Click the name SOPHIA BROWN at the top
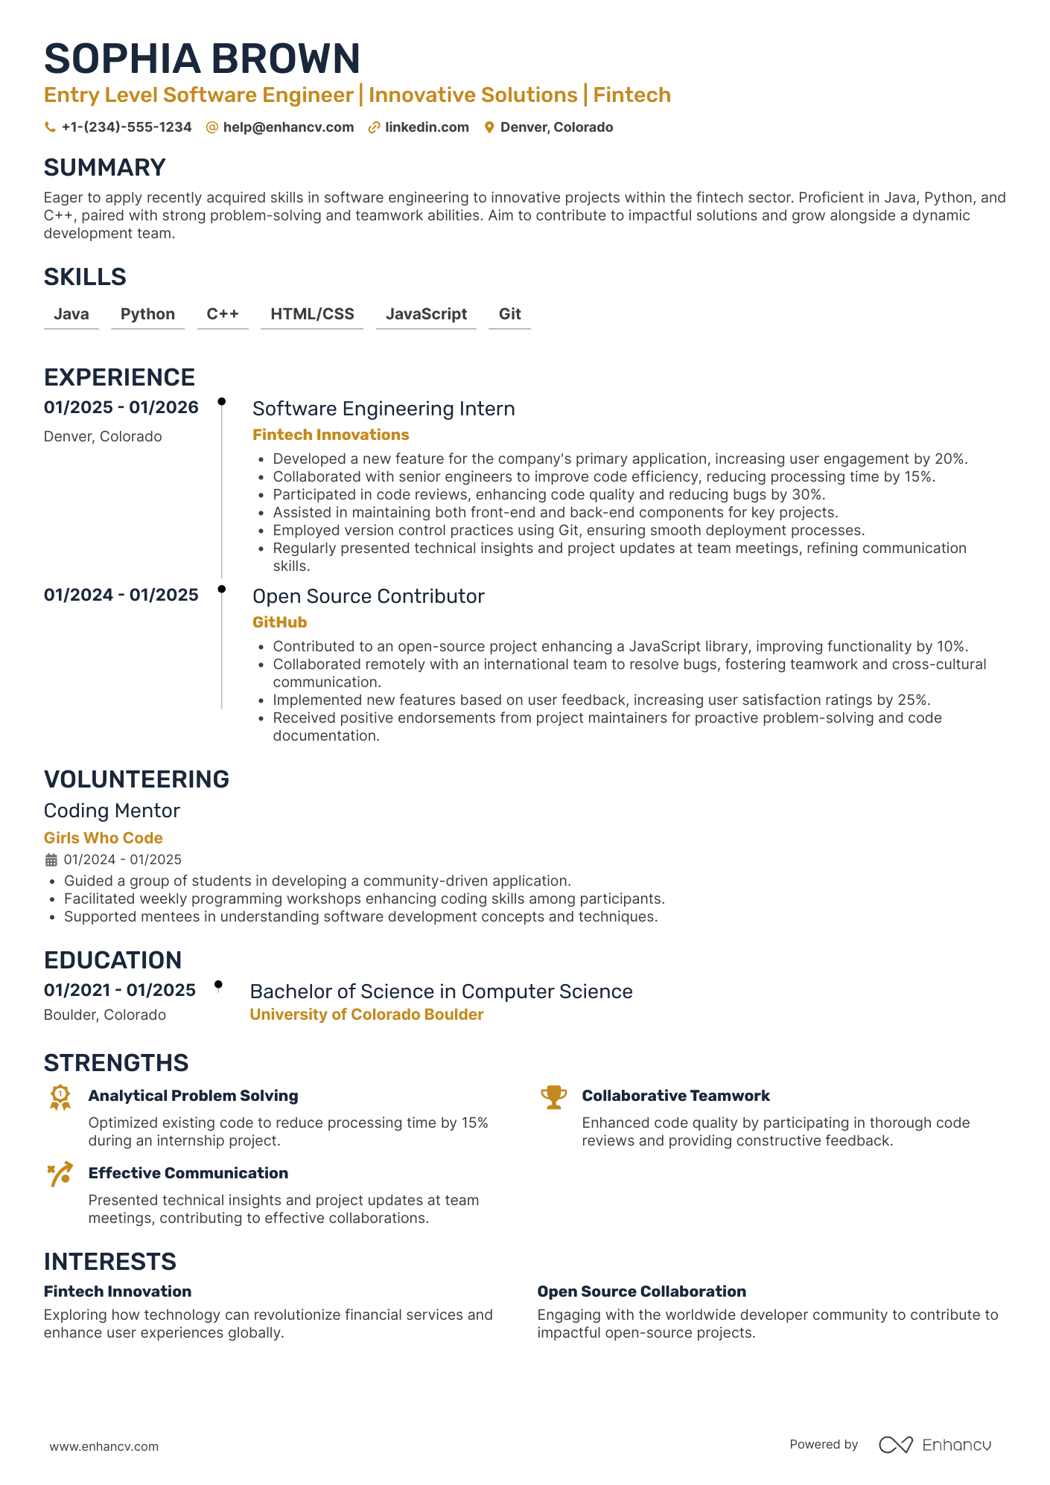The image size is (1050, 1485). pos(202,59)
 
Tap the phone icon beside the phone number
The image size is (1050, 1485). pos(50,127)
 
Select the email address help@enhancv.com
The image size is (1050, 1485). pos(288,127)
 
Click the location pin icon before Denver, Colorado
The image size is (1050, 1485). pos(489,127)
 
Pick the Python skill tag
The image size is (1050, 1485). pos(147,314)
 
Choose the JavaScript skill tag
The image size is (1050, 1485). pos(426,314)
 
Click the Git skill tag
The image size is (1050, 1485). pos(509,314)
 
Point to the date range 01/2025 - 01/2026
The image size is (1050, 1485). pos(121,407)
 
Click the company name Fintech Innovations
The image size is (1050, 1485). pos(331,435)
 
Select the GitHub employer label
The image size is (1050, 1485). pos(279,622)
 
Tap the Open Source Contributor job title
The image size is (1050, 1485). pos(368,596)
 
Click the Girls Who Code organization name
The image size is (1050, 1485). pos(103,838)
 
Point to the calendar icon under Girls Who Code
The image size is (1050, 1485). pos(51,860)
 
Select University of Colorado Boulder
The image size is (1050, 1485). pos(366,1015)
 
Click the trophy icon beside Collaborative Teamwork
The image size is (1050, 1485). pos(553,1097)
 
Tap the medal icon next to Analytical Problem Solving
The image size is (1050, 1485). pos(60,1097)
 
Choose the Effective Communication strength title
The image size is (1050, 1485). pos(188,1173)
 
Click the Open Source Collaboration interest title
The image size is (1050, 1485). pos(641,1291)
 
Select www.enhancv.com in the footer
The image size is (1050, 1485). pos(104,1446)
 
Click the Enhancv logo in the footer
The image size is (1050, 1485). pos(935,1445)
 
